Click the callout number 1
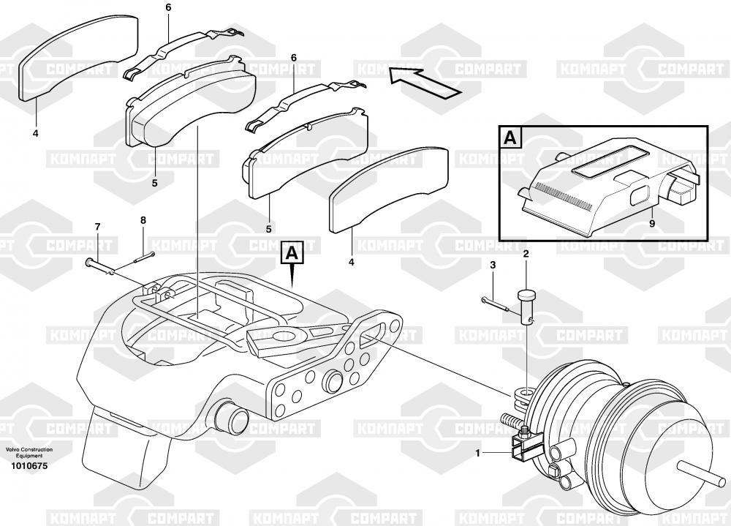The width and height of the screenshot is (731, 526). (477, 454)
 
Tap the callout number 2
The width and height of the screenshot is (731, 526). (526, 253)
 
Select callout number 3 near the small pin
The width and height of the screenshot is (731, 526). (493, 264)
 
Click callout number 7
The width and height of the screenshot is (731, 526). (97, 228)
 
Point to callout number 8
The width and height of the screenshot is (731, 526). (143, 219)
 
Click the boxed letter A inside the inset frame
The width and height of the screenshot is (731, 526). (509, 138)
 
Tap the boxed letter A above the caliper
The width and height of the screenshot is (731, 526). (292, 253)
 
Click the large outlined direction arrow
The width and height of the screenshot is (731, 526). (424, 80)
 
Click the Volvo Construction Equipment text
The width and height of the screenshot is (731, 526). (25, 453)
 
